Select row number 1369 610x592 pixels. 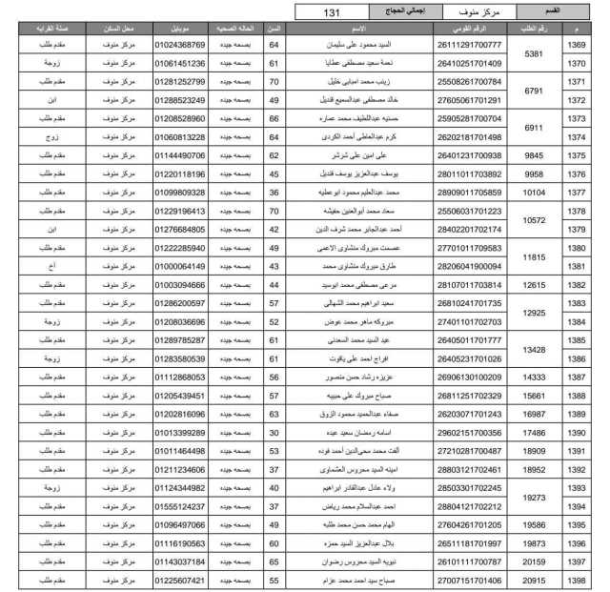[x=577, y=45]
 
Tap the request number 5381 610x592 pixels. [x=534, y=54]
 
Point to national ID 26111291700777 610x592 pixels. [x=441, y=45]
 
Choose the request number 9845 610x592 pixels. [x=534, y=154]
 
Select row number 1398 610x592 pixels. [x=577, y=579]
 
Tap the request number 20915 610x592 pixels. [x=534, y=579]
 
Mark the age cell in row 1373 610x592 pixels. [x=274, y=118]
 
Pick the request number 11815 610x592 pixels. [x=534, y=256]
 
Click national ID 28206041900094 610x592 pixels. [x=441, y=266]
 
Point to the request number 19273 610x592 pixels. [x=534, y=497]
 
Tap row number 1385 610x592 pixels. [x=577, y=339]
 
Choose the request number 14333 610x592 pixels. [x=534, y=377]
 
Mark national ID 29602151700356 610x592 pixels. [x=441, y=432]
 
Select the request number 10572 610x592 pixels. [x=534, y=220]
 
